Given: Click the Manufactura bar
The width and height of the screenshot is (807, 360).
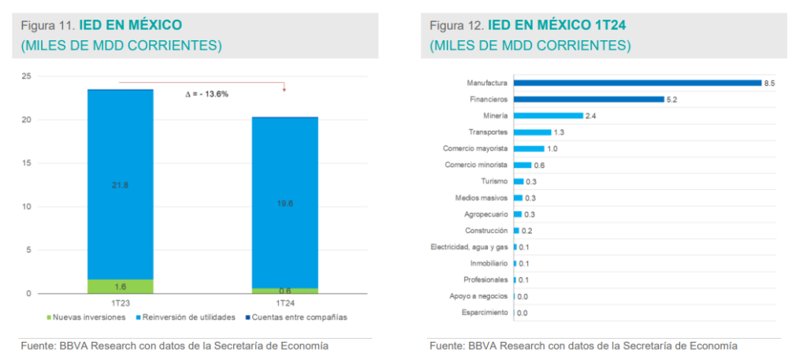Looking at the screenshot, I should pos(637,83).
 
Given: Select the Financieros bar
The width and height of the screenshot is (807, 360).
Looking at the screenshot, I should pos(588,99).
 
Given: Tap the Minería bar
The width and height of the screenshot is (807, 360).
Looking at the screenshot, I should pos(548,116).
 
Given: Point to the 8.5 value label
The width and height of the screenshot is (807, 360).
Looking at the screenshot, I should pos(769,83).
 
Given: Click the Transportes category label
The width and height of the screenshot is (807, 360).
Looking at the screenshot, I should pos(488,132).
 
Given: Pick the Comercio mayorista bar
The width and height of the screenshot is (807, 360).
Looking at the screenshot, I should pos(529,149).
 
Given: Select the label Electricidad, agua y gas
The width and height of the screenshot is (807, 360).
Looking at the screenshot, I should pos(470,247).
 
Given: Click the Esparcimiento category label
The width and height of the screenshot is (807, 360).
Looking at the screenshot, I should pos(485,314).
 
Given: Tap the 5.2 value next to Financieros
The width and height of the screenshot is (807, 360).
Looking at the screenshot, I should pos(672,99).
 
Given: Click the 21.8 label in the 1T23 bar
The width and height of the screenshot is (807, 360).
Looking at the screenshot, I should pos(120,184).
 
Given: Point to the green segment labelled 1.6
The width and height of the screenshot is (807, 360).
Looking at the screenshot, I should pos(120,287).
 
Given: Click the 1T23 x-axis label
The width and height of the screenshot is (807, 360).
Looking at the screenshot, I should pos(120,303).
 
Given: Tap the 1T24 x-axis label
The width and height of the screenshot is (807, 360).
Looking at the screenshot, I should pos(285,303).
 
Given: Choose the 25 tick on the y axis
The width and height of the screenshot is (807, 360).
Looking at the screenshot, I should pos(27,76).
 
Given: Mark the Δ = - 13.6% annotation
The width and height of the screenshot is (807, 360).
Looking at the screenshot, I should pos(206,94).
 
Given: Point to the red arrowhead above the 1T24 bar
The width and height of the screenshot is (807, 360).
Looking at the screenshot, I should pos(284,89).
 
